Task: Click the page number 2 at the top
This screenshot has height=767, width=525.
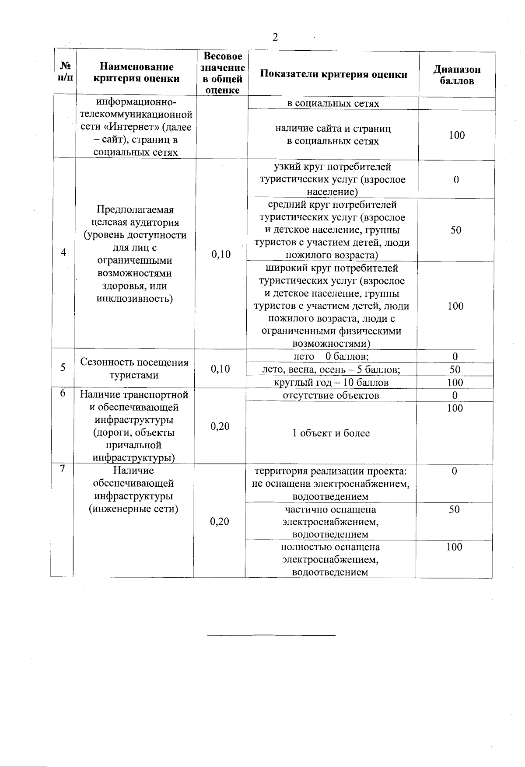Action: (x=275, y=37)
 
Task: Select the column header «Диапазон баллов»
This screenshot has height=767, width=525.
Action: (x=457, y=75)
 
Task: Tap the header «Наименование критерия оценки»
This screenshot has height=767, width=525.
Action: (x=136, y=73)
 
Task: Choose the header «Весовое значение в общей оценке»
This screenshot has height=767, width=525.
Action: (x=223, y=73)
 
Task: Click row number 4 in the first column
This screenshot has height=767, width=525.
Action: (x=64, y=253)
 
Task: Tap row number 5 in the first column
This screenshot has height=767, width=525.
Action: (x=63, y=367)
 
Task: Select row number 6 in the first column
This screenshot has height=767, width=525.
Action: (x=63, y=393)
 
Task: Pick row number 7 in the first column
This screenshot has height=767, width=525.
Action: (x=63, y=469)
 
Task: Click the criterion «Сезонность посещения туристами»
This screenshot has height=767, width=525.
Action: (x=134, y=369)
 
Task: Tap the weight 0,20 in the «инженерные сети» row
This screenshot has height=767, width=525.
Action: (x=220, y=521)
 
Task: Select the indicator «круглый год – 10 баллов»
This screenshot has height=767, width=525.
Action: (x=331, y=383)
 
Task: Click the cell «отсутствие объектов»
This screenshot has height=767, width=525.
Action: (x=331, y=395)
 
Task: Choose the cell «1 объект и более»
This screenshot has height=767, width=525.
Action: (x=331, y=433)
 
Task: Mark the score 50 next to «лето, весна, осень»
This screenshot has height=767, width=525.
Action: (x=455, y=370)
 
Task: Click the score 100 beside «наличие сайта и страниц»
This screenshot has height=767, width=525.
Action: (x=456, y=135)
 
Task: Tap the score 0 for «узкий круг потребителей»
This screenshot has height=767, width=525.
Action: (x=456, y=180)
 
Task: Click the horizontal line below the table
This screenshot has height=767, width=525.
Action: (x=271, y=635)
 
